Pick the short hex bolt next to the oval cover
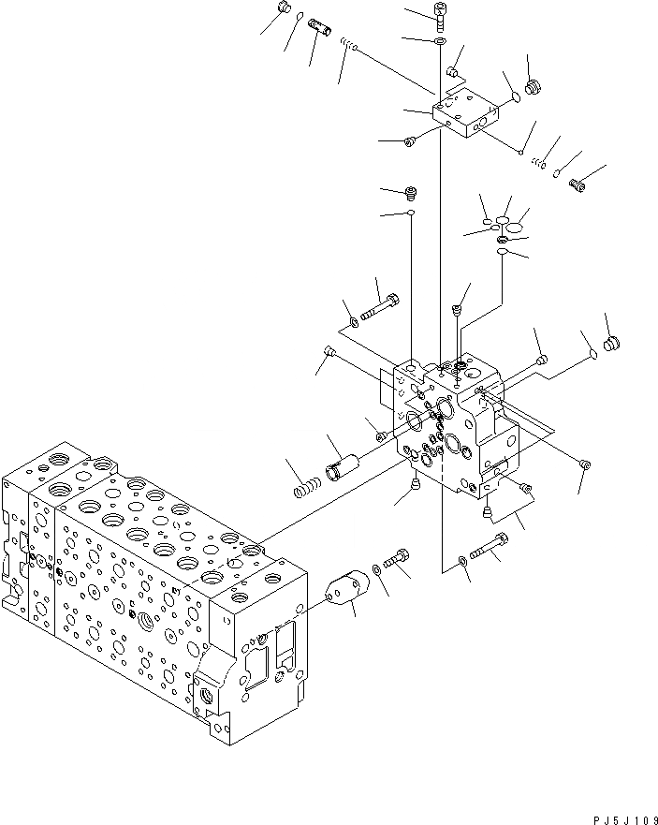tap(398, 559)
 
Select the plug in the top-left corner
tap(283, 9)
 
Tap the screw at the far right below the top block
tap(578, 186)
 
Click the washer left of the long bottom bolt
tap(463, 562)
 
